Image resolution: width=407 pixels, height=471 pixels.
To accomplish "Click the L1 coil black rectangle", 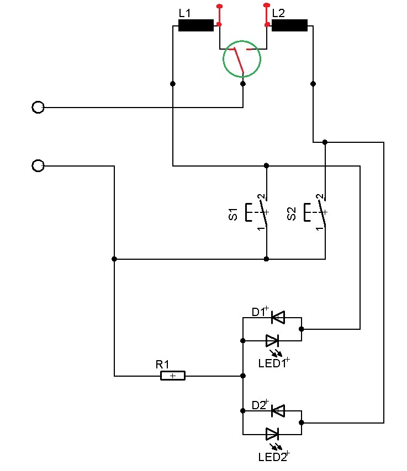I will tap(196, 25).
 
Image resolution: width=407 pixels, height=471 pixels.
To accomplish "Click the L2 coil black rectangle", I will tap(289, 25).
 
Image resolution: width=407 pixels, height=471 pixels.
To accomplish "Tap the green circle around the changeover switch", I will tap(242, 58).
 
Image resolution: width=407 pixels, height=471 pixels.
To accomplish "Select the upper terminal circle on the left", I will tap(38, 107).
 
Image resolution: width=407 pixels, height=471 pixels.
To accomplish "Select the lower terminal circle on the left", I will tap(38, 165).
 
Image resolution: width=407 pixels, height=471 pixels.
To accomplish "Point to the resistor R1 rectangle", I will tap(173, 376).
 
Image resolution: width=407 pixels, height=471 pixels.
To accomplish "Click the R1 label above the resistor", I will tap(162, 364).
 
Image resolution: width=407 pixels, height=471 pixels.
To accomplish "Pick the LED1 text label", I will tap(272, 363).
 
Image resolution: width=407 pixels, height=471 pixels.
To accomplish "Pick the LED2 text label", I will tap(272, 457).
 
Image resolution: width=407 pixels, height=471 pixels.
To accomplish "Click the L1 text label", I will tap(184, 12).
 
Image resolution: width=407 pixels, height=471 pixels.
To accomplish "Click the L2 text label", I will tap(279, 12).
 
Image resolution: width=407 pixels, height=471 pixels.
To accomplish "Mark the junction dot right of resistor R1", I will tap(243, 376).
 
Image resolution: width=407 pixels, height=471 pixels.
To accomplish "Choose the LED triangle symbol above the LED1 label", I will tap(273, 340).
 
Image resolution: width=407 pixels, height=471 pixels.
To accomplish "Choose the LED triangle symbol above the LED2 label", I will tap(273, 433).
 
